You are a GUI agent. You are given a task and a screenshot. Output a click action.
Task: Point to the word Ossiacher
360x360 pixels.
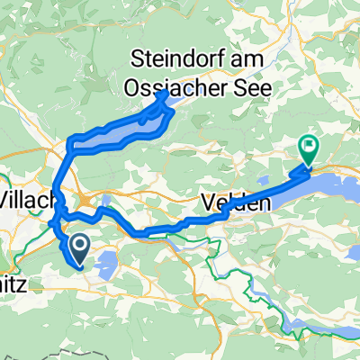[171, 86]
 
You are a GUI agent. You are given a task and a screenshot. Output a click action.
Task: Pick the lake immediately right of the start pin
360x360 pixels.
[106, 262]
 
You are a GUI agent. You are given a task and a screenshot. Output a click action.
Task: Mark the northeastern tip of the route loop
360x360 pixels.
[164, 94]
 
